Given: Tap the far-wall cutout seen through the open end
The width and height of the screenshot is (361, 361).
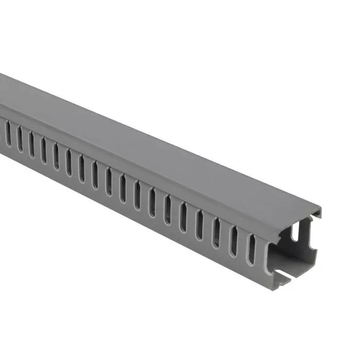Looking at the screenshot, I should [x=297, y=234].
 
